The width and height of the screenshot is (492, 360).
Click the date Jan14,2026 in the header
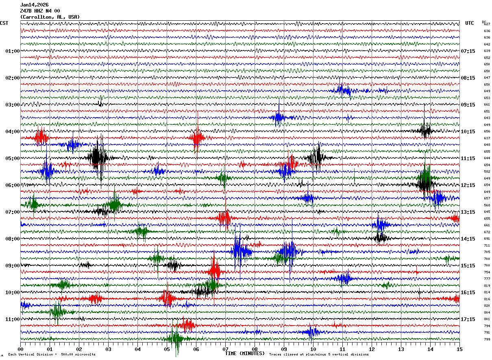pos(34,5)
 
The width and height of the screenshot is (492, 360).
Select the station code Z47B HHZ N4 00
pos(40,11)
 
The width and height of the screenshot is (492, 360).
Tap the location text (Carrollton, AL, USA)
pos(50,17)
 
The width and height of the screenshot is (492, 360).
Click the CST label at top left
pos(4,23)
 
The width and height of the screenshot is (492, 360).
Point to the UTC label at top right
pos(470,23)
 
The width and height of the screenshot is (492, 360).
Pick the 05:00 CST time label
pos(12,158)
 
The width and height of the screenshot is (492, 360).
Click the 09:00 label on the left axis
pos(12,266)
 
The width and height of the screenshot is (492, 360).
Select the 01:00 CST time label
pos(12,51)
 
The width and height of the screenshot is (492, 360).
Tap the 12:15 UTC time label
pos(468,185)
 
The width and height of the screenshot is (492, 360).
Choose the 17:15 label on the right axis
pos(468,319)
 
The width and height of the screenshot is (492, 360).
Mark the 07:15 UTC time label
pos(468,51)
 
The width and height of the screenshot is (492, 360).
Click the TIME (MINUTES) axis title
pos(245,353)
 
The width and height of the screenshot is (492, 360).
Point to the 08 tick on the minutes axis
pos(255,349)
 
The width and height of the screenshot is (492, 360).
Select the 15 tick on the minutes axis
pos(459,349)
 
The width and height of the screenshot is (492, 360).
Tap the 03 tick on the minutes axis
pos(109,349)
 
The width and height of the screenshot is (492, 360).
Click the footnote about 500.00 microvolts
pos(52,355)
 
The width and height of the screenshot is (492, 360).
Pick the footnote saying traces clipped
pos(319,355)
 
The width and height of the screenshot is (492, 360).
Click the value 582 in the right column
pos(487,172)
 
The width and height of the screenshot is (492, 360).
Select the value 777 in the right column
pos(487,279)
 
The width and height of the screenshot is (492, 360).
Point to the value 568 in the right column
pos(487,205)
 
